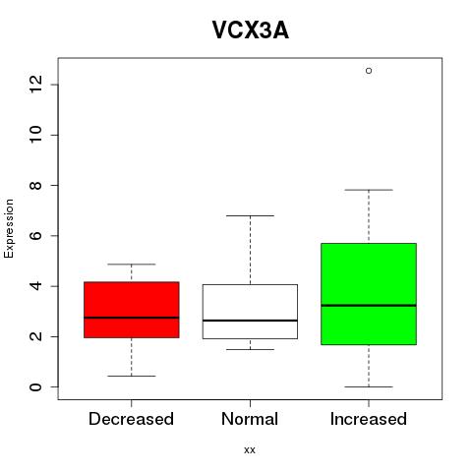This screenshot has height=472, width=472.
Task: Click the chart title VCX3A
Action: [x=251, y=30]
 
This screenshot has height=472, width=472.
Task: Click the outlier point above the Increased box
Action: [x=369, y=71]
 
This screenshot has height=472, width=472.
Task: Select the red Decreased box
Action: [x=132, y=310]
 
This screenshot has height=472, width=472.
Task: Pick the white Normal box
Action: [x=250, y=312]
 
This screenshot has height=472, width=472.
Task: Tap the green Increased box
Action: [x=369, y=294]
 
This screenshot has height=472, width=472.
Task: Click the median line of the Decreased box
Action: [x=132, y=318]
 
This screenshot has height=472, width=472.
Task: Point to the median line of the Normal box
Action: [x=250, y=321]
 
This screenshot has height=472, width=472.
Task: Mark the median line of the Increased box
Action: [x=369, y=305]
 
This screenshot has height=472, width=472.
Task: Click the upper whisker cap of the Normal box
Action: [x=250, y=215]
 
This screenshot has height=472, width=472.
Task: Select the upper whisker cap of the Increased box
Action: [x=369, y=190]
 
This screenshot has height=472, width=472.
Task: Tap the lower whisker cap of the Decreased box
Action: [x=132, y=376]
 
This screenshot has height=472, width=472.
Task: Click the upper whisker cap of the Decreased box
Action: [x=132, y=264]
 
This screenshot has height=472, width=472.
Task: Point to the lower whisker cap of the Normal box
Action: [x=250, y=349]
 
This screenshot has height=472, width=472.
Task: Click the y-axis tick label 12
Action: [x=35, y=85]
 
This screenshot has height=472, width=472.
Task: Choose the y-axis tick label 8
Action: [x=35, y=185]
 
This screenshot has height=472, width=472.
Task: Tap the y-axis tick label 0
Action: [x=35, y=386]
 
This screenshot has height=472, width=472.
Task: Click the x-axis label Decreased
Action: [x=131, y=419]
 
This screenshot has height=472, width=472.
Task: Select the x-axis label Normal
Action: [x=250, y=419]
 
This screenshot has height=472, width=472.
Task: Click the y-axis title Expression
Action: [x=9, y=228]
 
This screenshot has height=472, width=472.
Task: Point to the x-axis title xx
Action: [x=250, y=450]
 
